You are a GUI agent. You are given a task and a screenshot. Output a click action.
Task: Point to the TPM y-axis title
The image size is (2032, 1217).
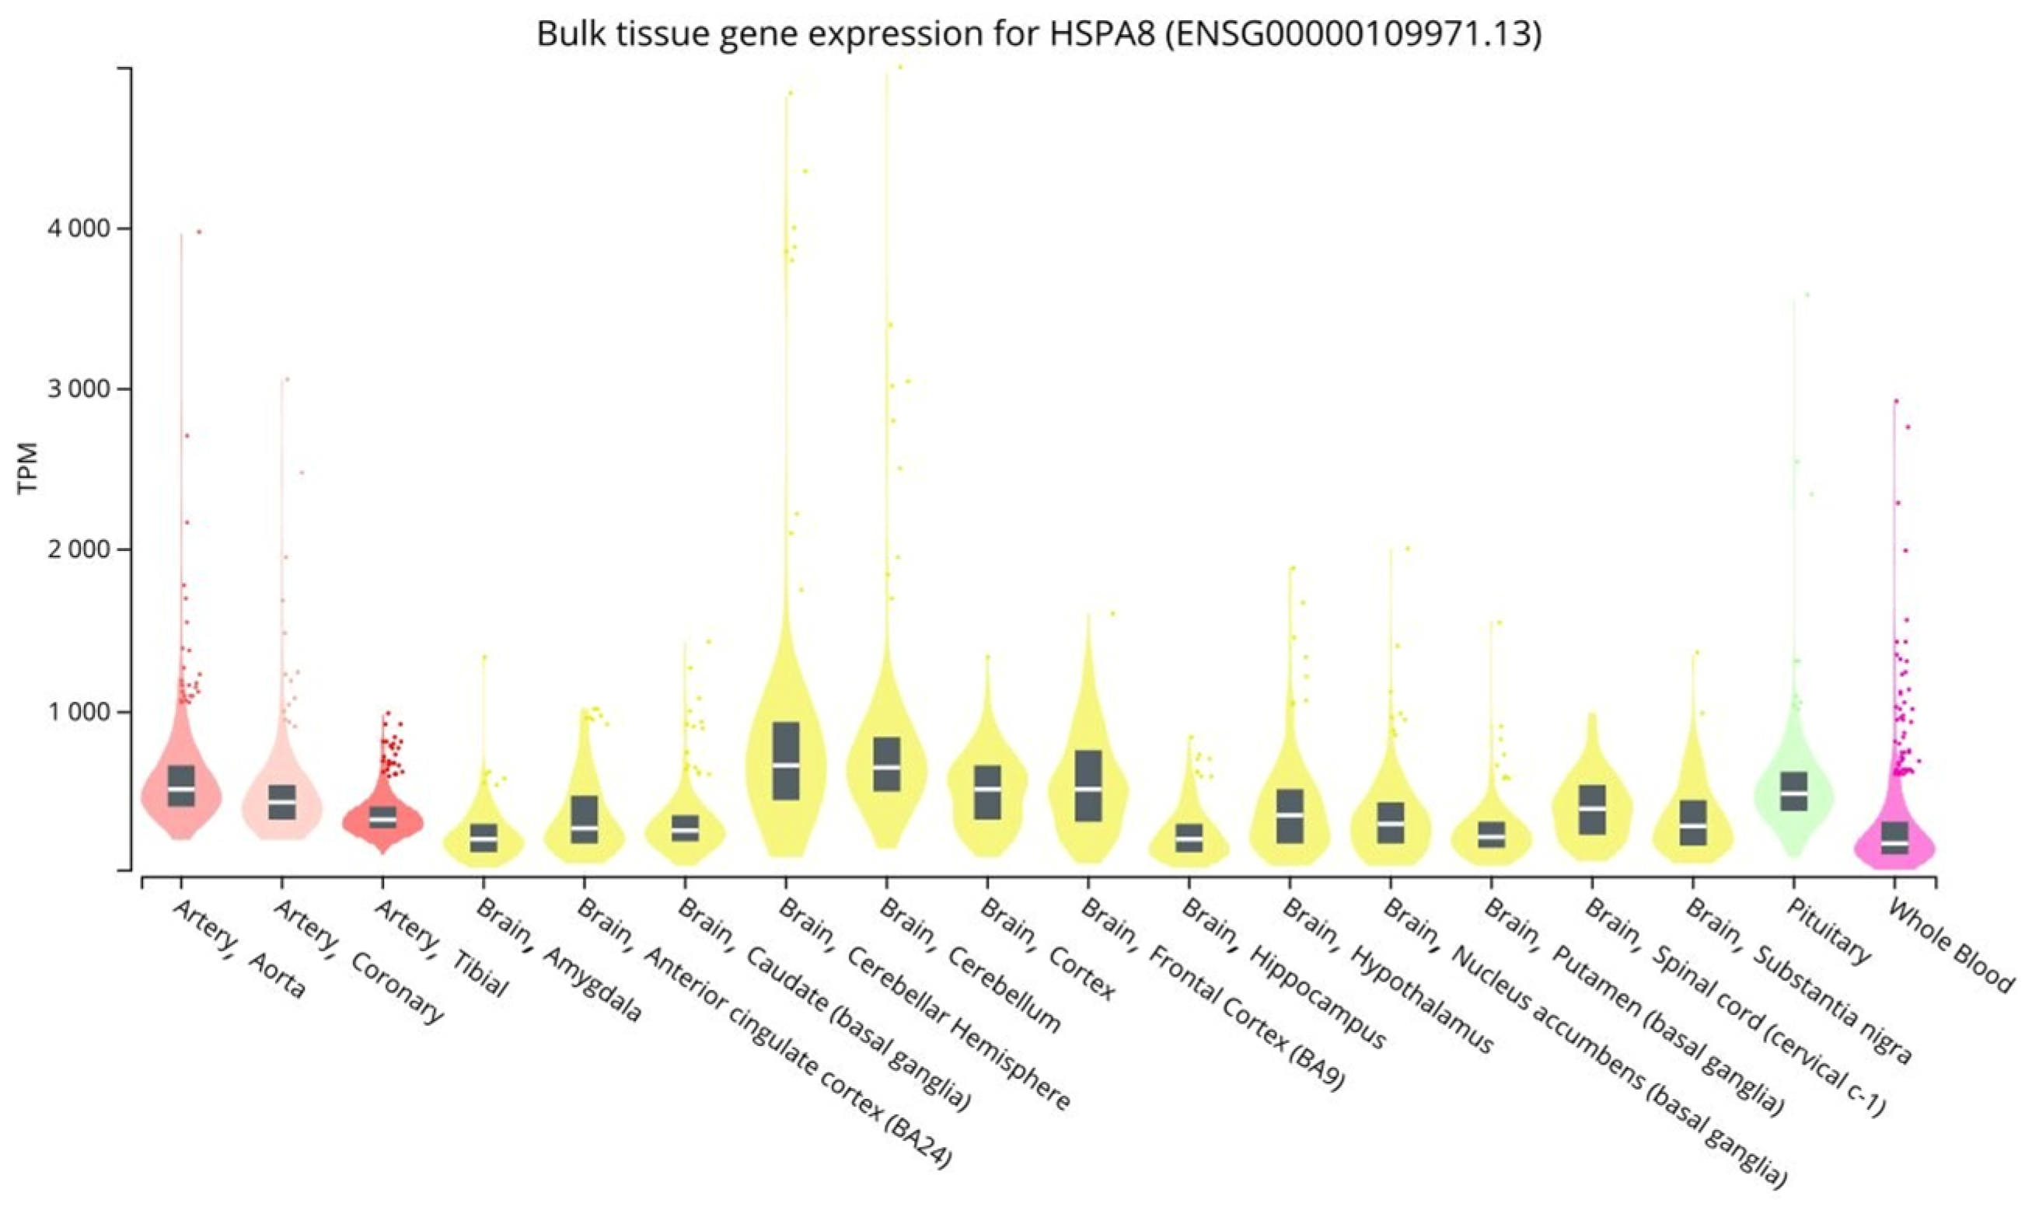click(x=29, y=469)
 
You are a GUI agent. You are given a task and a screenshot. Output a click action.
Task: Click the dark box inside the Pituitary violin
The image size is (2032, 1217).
click(x=1793, y=791)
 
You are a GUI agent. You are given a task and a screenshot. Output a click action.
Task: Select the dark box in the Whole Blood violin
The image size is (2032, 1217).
click(x=1894, y=837)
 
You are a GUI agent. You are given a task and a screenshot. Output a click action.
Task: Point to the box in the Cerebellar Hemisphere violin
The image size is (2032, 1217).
click(x=786, y=760)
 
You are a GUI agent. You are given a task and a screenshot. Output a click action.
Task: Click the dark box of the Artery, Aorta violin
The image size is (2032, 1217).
click(x=180, y=786)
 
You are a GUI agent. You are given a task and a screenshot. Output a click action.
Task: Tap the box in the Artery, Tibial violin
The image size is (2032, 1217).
click(x=382, y=817)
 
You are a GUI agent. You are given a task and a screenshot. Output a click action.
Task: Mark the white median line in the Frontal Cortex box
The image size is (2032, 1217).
click(x=1088, y=788)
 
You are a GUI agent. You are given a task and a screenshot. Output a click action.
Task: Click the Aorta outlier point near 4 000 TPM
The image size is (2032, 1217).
click(x=198, y=232)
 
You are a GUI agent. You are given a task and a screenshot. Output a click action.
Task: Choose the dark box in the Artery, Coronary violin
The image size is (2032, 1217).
click(x=281, y=802)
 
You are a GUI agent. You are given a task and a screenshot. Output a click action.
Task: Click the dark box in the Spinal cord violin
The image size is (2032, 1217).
click(x=1591, y=810)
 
